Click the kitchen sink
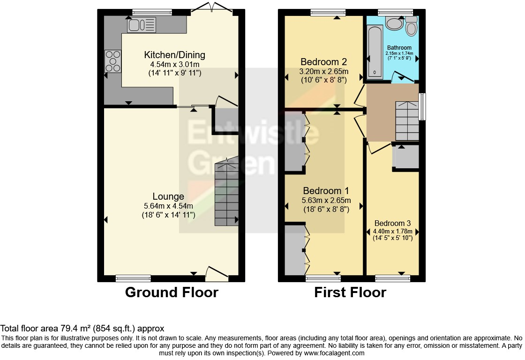pos(141,25)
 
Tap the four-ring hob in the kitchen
pos(113,61)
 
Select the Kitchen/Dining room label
pos(174,55)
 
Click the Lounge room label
pos(168,196)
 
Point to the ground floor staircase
pos(227,193)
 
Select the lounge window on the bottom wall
pos(133,278)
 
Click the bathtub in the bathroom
pos(375,51)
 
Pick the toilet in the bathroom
pos(412,27)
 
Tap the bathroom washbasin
pos(394,23)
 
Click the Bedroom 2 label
pos(323,62)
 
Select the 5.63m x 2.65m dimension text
pos(326,200)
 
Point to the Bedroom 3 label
pos(392,223)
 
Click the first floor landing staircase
pos(407,121)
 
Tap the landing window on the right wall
pos(422,107)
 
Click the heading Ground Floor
pos(172,292)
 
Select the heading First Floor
pos(350,292)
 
